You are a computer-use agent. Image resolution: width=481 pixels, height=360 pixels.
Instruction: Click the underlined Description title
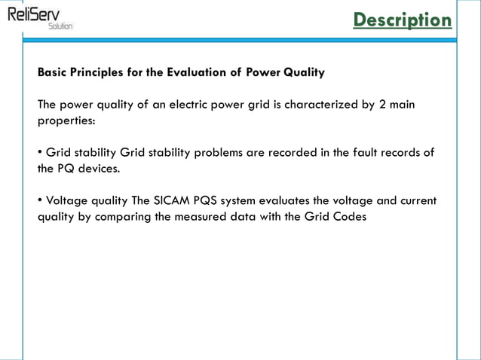click(x=403, y=20)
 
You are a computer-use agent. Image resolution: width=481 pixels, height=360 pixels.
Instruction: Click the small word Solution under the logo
click(x=60, y=26)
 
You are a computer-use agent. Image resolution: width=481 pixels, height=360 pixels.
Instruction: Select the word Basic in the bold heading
click(x=53, y=73)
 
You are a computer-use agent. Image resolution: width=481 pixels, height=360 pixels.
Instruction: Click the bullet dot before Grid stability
click(x=40, y=153)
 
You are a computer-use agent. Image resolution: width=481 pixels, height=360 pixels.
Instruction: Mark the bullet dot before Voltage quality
click(x=40, y=201)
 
